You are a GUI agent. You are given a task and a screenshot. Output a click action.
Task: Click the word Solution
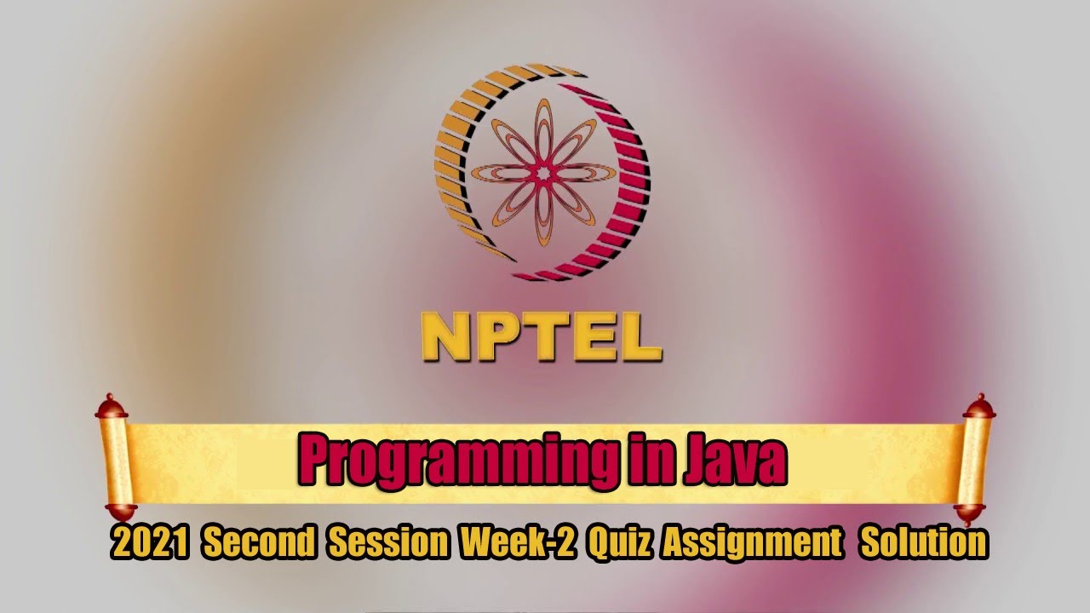coord(923,543)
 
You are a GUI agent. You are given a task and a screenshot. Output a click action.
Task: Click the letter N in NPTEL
coord(445,337)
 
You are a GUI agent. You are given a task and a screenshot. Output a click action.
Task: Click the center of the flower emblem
coord(542,172)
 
